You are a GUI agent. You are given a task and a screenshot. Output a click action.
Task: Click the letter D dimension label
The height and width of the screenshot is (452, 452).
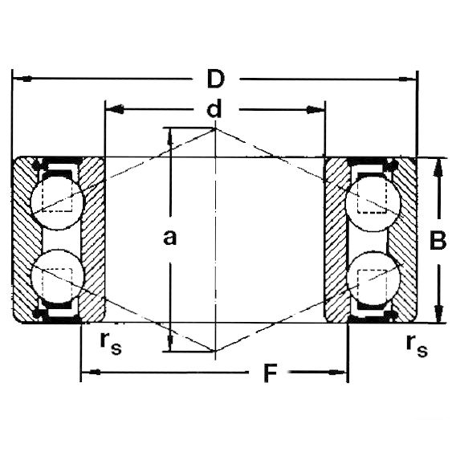pyautogui.click(x=216, y=79)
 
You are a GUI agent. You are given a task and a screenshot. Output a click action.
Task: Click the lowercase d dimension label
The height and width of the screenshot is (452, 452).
pyautogui.click(x=214, y=108)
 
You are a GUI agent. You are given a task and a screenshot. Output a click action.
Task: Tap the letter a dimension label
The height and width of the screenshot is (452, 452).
pyautogui.click(x=169, y=238)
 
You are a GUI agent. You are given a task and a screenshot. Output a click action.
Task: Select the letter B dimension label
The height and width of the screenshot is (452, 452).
pyautogui.click(x=438, y=240)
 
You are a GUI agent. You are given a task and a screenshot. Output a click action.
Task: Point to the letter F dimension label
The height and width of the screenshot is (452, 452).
pyautogui.click(x=270, y=373)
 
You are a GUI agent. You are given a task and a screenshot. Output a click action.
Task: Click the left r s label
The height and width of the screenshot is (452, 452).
pyautogui.click(x=111, y=344)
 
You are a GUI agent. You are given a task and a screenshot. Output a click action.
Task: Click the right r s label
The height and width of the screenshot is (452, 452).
pyautogui.click(x=417, y=346)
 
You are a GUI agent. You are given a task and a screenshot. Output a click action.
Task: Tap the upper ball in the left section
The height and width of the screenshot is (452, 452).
pyautogui.click(x=58, y=202)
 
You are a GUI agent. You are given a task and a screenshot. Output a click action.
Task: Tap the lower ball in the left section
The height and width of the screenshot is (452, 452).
pyautogui.click(x=58, y=277)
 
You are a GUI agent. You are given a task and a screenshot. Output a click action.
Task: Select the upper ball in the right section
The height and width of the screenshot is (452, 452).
pyautogui.click(x=373, y=203)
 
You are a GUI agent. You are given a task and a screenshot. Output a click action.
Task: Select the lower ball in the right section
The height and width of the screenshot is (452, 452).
pyautogui.click(x=373, y=278)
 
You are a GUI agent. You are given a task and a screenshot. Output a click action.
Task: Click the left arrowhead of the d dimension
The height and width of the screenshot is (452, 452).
pyautogui.click(x=115, y=109)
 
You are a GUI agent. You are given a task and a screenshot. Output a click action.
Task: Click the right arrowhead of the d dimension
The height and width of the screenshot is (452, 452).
pyautogui.click(x=316, y=110)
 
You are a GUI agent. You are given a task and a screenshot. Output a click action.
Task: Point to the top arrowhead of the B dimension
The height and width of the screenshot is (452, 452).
pyautogui.click(x=438, y=168)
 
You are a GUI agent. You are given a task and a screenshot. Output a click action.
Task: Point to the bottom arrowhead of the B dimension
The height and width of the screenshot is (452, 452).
pyautogui.click(x=438, y=314)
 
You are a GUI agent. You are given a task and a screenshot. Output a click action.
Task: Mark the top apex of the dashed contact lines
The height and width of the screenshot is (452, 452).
pyautogui.click(x=215, y=128)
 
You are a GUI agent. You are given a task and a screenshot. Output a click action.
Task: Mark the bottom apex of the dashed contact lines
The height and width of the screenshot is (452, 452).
pyautogui.click(x=215, y=351)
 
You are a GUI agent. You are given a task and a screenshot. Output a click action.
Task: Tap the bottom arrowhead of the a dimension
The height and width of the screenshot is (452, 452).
pyautogui.click(x=170, y=342)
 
